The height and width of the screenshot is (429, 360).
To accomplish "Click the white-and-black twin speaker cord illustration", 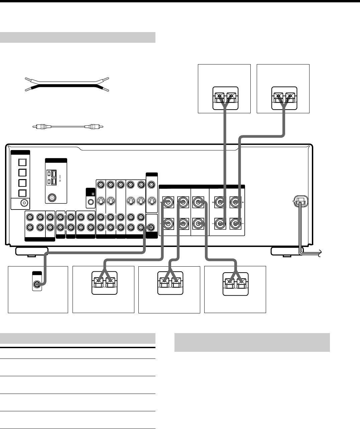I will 67,84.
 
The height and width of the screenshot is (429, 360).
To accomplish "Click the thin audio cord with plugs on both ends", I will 67,127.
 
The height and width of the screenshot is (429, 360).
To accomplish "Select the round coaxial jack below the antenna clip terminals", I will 52,198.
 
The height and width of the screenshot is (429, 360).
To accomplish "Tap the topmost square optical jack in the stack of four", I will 22,162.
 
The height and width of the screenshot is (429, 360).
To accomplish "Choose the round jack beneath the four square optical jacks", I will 23,202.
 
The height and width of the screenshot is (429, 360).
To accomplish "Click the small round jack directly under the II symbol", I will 90,201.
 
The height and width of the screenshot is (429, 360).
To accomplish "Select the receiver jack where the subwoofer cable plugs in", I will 151,227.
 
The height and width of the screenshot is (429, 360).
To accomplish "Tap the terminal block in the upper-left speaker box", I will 225,98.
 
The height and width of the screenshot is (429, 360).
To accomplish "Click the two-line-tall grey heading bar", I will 252,342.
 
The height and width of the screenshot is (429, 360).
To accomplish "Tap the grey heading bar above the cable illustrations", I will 78,37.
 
